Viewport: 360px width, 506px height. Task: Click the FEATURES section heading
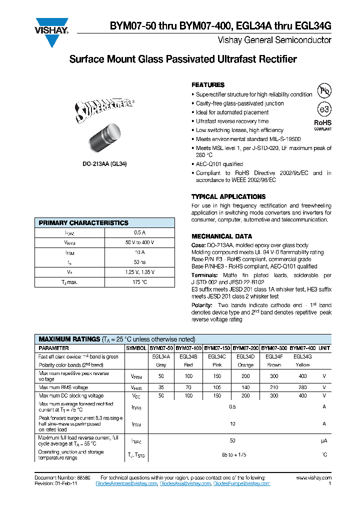(208, 85)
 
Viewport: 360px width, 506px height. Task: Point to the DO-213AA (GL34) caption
(104, 163)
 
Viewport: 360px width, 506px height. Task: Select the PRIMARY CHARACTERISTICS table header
(83, 223)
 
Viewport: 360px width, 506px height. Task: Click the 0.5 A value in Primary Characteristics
(140, 232)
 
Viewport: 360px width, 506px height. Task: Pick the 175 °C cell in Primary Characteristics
(140, 282)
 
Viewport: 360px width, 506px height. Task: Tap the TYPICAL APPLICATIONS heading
(228, 197)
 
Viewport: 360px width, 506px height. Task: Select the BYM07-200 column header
(245, 347)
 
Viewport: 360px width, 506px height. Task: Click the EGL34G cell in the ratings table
(302, 356)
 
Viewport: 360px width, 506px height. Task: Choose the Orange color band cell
(245, 365)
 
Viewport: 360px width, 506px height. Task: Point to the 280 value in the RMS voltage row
(302, 387)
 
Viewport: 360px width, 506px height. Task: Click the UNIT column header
(324, 347)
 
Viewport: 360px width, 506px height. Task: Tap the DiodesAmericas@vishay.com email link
(126, 484)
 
